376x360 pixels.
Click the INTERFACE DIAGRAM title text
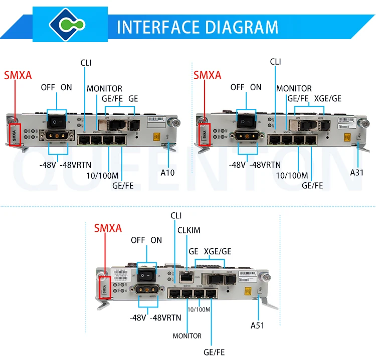pyautogui.click(x=197, y=26)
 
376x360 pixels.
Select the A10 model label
pyautogui.click(x=167, y=173)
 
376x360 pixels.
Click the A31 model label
pyautogui.click(x=356, y=173)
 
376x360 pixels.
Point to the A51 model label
pyautogui.click(x=257, y=325)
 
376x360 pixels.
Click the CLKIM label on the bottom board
pyautogui.click(x=189, y=230)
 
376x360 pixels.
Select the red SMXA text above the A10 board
pyautogui.click(x=18, y=76)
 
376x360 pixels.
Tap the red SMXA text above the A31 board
pyautogui.click(x=207, y=76)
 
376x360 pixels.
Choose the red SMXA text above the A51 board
pyautogui.click(x=108, y=228)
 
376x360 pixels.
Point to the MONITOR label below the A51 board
pyautogui.click(x=187, y=336)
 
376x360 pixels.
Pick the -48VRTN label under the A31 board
pyautogui.click(x=264, y=165)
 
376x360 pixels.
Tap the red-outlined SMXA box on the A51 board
pyautogui.click(x=105, y=288)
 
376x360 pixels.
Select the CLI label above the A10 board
pyautogui.click(x=86, y=63)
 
